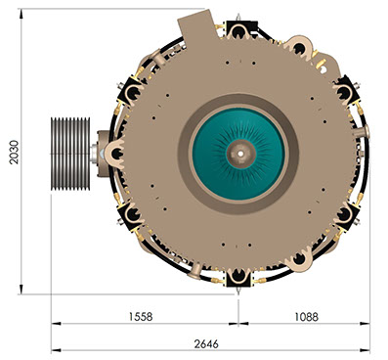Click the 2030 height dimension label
pos(14,152)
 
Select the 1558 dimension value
pos(141,316)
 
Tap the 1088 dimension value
pos(306,316)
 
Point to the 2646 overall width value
pos(206,343)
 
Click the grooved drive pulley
pos(70,154)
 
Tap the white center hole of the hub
pos(240,154)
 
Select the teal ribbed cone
pos(238,155)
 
